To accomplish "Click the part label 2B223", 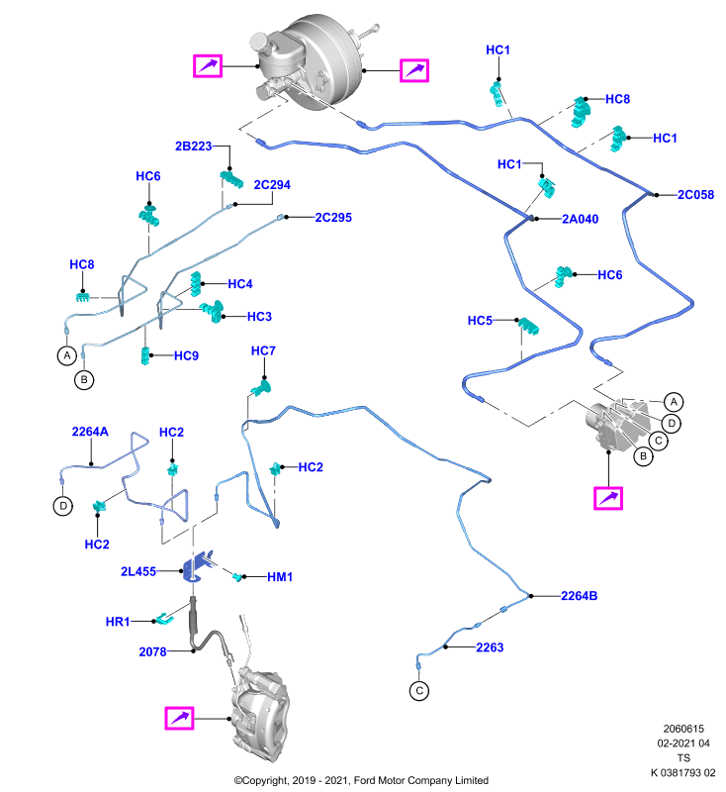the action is [x=193, y=146].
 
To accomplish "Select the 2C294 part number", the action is [x=272, y=185].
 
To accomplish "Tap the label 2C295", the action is [x=333, y=218].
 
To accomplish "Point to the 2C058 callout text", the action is [x=695, y=195].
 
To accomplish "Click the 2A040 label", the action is [x=581, y=219].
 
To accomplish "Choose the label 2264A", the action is [x=90, y=432].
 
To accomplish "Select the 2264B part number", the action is [x=580, y=596].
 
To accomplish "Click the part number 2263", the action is [x=490, y=647].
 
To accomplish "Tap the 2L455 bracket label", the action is [x=138, y=572].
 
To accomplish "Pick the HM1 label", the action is [x=280, y=577].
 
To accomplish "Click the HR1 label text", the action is [x=118, y=622].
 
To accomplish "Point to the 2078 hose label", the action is [x=152, y=652].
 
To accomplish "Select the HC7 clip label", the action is [x=263, y=351].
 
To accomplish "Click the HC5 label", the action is [x=480, y=321].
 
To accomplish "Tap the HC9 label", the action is [x=186, y=356].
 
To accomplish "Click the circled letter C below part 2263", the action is [x=419, y=691].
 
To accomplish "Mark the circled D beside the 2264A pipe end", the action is [x=63, y=506].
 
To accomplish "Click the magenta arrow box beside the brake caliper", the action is [x=180, y=719].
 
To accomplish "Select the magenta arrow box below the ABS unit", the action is [x=608, y=499].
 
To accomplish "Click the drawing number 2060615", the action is [x=683, y=729].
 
